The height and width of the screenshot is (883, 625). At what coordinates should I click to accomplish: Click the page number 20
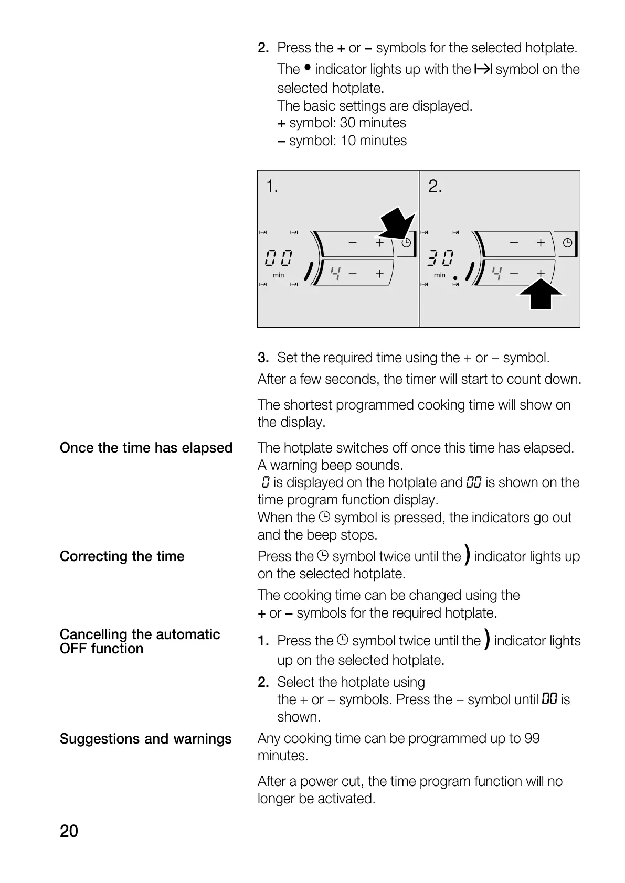point(69,831)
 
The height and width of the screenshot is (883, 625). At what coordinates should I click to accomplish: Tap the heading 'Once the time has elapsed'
point(146,448)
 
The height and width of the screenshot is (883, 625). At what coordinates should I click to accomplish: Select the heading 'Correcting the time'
point(122,556)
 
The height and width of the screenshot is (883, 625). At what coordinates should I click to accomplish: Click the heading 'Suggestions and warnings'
point(145,739)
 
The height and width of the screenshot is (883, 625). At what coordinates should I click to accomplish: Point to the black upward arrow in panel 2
point(541,294)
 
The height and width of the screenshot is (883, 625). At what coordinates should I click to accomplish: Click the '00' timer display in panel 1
point(279,258)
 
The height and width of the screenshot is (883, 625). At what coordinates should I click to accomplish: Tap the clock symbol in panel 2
point(568,243)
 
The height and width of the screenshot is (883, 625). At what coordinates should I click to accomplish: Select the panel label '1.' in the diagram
point(272,187)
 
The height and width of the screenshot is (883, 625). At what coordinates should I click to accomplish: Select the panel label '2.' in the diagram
point(435,187)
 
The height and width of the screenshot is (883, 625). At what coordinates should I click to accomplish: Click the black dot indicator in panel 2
point(455,278)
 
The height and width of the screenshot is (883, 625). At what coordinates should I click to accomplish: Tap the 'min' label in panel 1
point(278,275)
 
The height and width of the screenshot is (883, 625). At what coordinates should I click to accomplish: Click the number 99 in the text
point(532,738)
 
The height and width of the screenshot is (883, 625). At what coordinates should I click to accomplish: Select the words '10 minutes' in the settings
point(373,141)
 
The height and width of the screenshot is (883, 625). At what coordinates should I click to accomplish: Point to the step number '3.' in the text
point(263,358)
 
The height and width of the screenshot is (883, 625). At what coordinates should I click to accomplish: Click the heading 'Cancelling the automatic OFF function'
point(140,641)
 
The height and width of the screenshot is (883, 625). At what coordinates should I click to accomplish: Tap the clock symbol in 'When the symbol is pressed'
point(325,517)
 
